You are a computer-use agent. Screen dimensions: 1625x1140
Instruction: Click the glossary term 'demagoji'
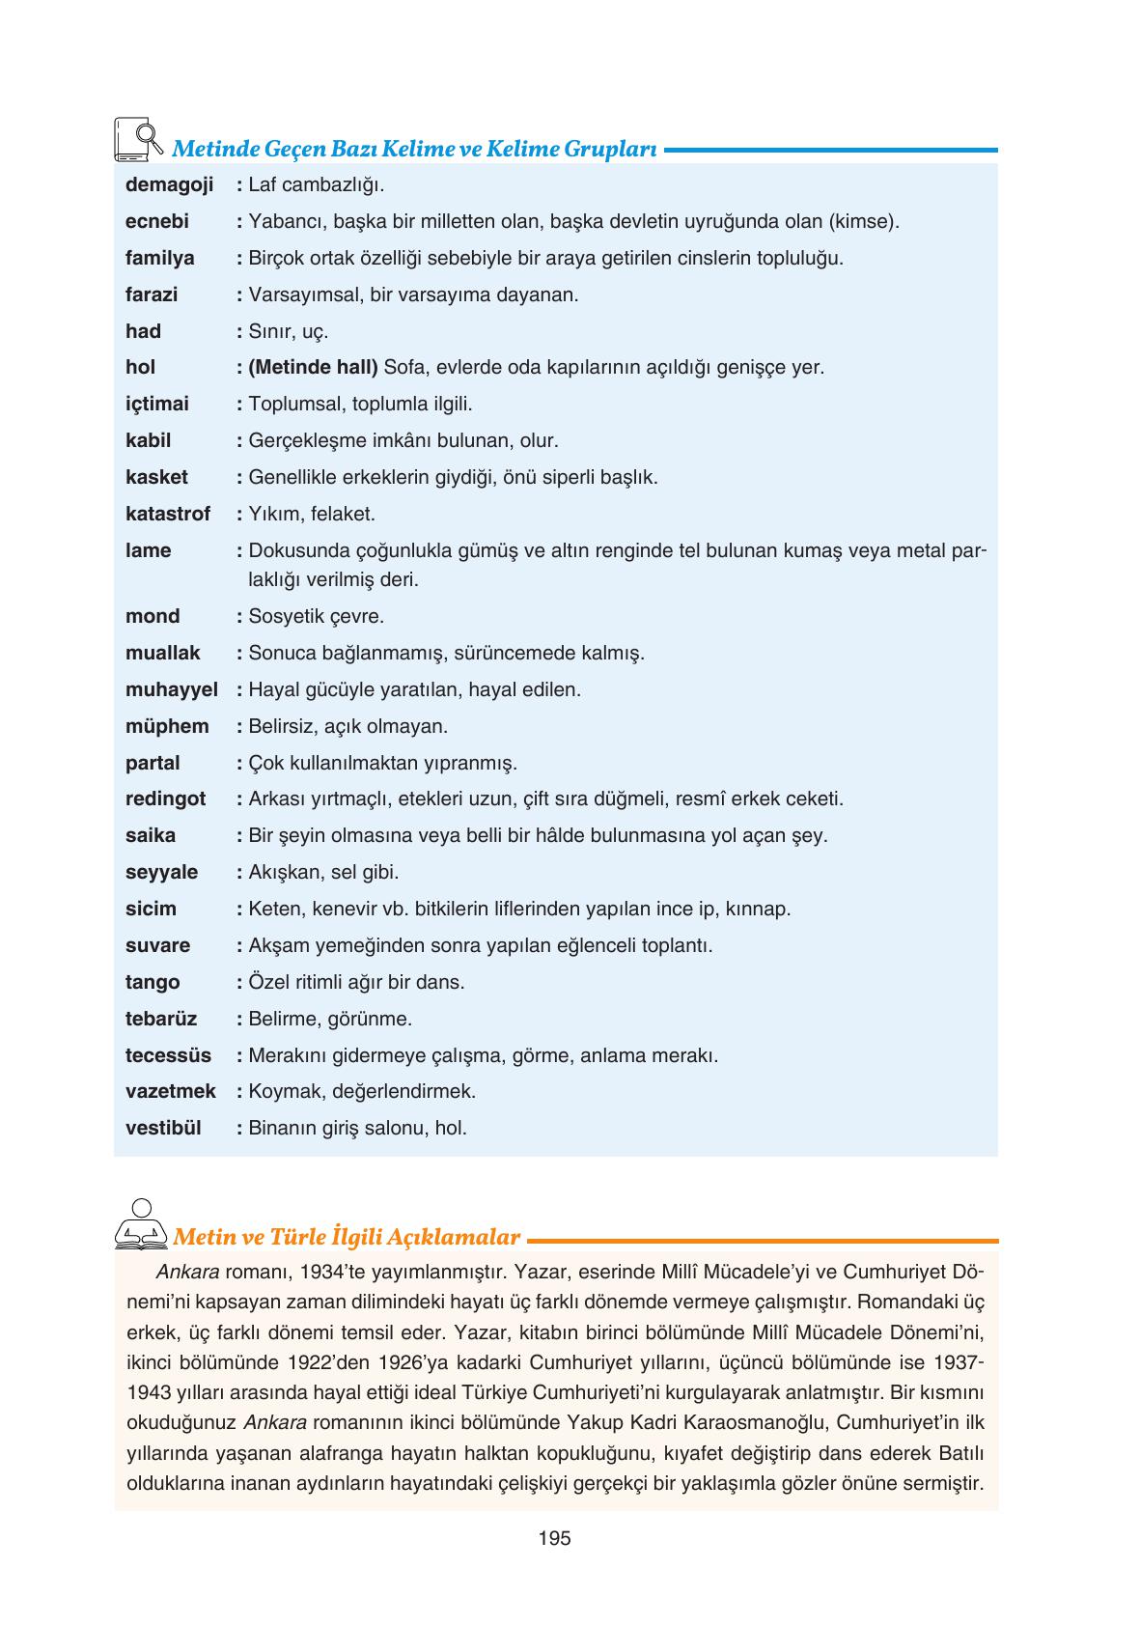169,184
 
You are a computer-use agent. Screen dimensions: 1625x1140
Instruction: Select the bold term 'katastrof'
168,514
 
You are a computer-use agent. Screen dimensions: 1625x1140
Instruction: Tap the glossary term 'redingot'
166,798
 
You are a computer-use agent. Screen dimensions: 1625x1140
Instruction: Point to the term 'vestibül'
163,1128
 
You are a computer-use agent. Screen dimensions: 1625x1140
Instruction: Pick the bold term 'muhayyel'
172,689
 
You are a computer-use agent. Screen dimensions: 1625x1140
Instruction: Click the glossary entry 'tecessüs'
168,1055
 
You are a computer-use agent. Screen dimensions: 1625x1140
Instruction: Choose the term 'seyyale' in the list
161,872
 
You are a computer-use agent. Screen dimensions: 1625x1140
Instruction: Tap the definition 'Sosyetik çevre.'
316,616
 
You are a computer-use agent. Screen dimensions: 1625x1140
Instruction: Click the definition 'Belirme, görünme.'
330,1019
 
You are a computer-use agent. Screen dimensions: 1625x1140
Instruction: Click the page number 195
555,1538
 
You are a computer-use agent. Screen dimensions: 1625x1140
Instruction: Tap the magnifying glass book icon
136,140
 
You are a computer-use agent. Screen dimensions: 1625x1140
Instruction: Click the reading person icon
141,1223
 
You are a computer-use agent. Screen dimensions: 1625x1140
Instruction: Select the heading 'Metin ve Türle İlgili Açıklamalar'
347,1237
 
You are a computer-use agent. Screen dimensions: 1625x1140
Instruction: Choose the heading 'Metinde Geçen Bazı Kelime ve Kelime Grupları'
414,150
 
